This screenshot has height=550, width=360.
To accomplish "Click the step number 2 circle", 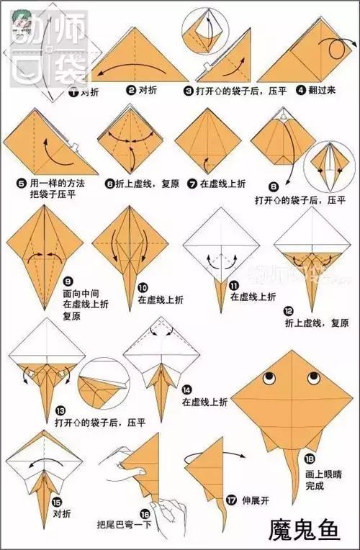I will pos(131,91).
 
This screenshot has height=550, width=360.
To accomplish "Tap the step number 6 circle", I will pos(110,184).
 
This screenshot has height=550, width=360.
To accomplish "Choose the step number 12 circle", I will pos(288,312).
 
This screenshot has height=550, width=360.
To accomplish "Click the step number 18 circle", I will pos(309,459).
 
